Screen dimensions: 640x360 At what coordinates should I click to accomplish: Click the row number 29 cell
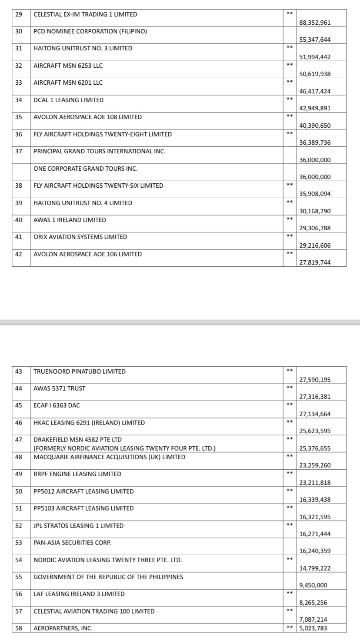click(19, 14)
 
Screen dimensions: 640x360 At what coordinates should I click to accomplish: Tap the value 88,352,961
click(315, 23)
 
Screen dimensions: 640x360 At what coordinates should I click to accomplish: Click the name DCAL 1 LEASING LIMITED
click(69, 100)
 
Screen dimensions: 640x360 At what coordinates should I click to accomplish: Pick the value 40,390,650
click(315, 126)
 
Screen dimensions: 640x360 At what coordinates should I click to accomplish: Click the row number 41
click(19, 237)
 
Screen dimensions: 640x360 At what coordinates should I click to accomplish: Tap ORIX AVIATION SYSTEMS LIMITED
click(80, 237)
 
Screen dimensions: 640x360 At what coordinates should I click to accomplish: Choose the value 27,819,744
click(315, 262)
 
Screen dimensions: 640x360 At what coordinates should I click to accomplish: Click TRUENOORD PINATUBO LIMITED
click(80, 371)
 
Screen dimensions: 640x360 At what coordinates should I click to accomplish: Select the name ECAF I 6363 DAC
click(57, 405)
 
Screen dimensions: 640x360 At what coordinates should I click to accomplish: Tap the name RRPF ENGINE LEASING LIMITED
click(77, 474)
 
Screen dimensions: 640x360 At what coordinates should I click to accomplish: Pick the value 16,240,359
click(315, 551)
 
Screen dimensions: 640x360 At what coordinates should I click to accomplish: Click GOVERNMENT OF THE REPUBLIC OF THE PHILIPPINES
click(108, 577)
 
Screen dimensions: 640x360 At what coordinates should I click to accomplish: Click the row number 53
click(19, 543)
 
